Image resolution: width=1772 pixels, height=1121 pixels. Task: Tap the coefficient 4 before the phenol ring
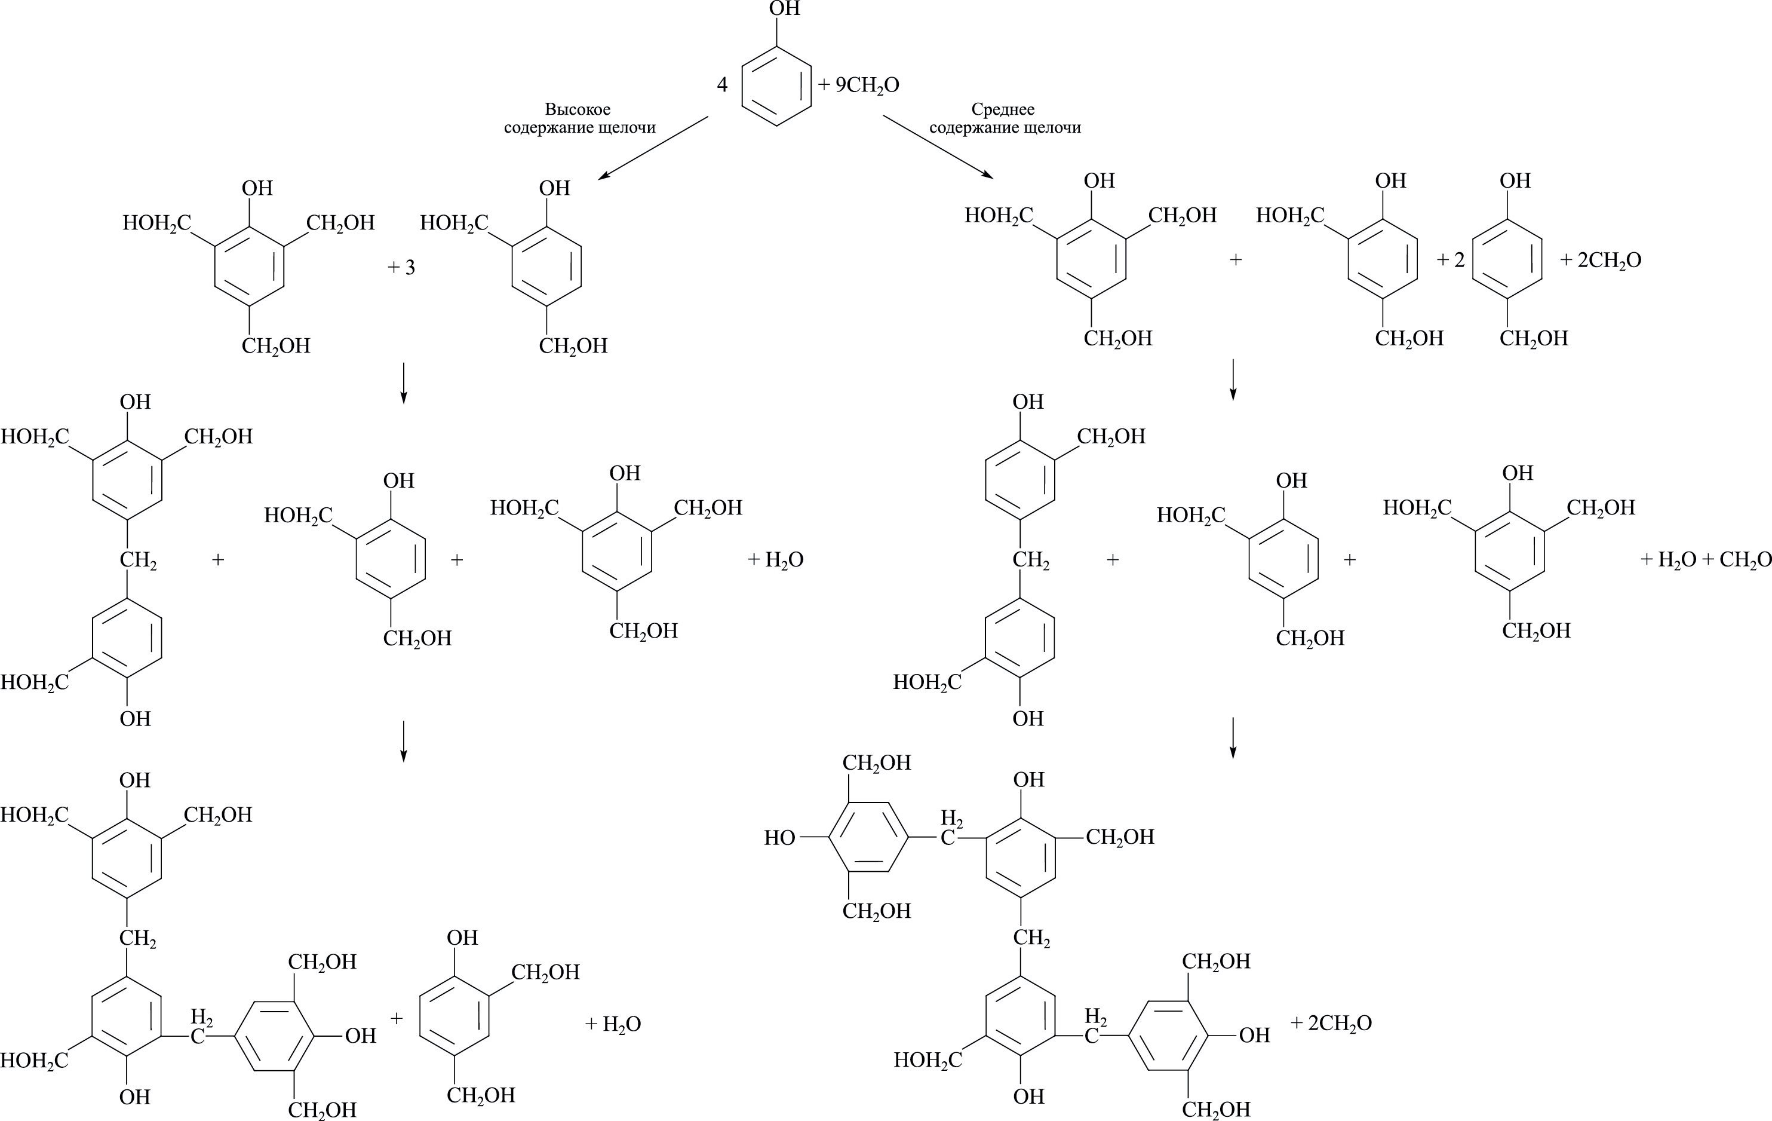coord(722,85)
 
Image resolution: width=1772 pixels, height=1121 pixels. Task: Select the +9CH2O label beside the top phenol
coord(859,85)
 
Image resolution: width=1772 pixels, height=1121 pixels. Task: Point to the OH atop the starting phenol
coord(784,10)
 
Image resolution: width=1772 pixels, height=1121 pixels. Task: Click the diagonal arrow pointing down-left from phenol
coord(653,147)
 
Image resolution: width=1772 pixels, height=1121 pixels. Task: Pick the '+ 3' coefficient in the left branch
coord(402,267)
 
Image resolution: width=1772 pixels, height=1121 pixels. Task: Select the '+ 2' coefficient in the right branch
coord(1451,261)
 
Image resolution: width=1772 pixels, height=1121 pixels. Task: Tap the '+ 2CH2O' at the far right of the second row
coord(1601,261)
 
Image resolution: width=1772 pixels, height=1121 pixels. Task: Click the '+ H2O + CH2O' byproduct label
coord(1705,560)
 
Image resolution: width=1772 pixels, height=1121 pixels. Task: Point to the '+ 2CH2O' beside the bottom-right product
coord(1331,1023)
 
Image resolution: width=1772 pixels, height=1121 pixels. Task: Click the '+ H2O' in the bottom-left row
coord(613,1024)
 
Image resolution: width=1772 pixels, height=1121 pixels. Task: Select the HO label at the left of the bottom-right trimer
coord(779,838)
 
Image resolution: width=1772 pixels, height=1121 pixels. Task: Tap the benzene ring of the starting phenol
coord(776,86)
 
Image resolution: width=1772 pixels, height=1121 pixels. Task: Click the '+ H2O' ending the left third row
coord(776,560)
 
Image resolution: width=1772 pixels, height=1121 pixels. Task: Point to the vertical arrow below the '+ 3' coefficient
coord(403,383)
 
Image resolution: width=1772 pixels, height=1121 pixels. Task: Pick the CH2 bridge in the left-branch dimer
coord(137,561)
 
